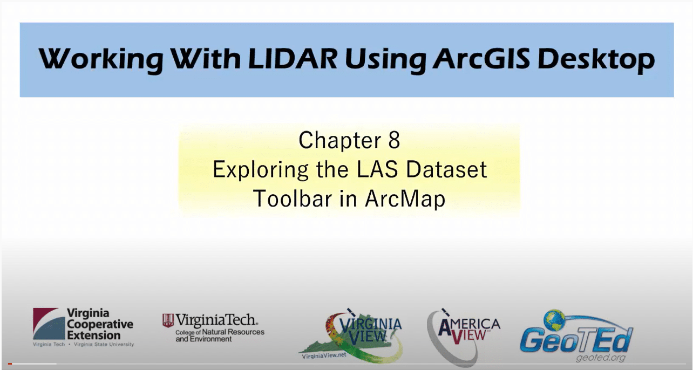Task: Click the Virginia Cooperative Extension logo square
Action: click(x=47, y=324)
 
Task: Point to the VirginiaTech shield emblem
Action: click(x=168, y=321)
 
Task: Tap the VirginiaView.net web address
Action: click(x=322, y=357)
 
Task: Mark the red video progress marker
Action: click(x=10, y=364)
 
